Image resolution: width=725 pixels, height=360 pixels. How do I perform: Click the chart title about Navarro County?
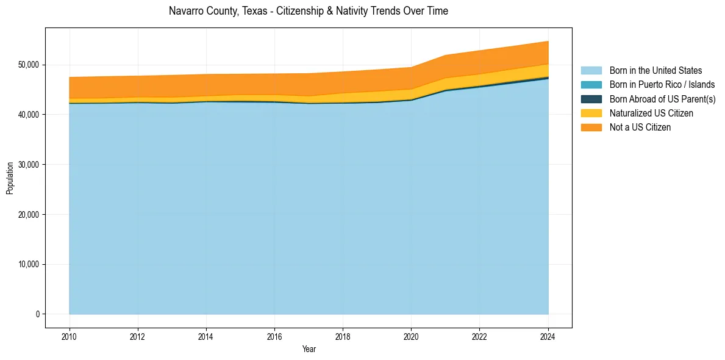coord(308,11)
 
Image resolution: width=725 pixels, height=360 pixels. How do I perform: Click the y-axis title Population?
coord(10,178)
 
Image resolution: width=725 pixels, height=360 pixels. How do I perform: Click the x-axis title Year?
coord(309,349)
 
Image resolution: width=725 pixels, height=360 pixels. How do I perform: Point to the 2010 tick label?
coord(70,336)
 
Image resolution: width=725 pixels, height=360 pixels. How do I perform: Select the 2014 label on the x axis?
coord(206,336)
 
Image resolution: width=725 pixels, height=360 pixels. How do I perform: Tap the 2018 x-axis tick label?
coord(343,336)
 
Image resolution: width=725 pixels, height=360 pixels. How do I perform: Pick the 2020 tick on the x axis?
coord(411,336)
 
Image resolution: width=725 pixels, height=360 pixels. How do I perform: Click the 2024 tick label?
coord(548,336)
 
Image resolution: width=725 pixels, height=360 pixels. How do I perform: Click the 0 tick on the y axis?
coord(37,314)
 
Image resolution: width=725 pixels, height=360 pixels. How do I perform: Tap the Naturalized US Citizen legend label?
coord(651,113)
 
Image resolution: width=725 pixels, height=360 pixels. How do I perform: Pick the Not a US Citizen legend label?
coord(640,128)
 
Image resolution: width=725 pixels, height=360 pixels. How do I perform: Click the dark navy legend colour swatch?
coord(591,99)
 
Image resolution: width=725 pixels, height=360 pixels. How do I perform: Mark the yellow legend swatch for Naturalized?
coord(591,113)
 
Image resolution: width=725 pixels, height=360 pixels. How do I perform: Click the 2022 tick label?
coord(479,336)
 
